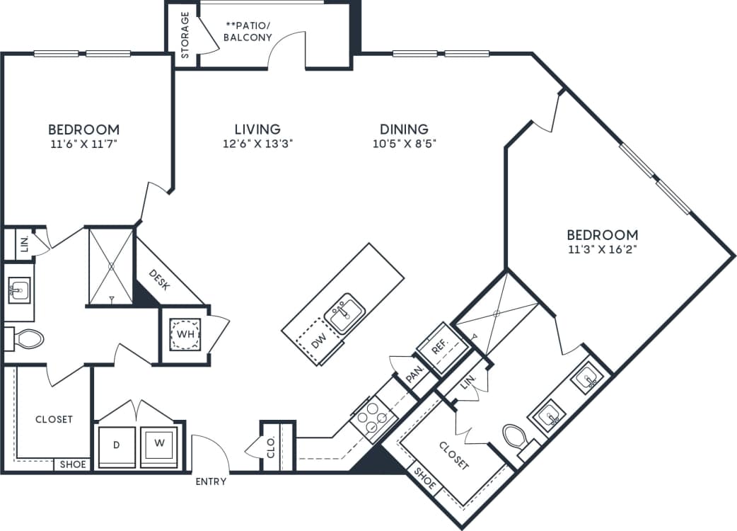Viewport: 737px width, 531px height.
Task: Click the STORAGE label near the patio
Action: click(x=185, y=34)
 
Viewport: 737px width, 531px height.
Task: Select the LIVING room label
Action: click(x=257, y=129)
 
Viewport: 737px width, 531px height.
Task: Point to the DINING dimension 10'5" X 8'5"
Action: click(x=404, y=143)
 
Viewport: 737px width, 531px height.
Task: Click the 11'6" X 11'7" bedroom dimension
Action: click(x=83, y=144)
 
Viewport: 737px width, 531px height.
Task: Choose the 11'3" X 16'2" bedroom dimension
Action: click(x=603, y=249)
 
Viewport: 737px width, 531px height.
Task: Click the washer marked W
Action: click(x=161, y=444)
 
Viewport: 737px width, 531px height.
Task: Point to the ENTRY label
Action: click(x=211, y=481)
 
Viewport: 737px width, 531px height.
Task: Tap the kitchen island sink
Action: click(x=344, y=312)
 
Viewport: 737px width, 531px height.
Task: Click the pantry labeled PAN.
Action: click(x=414, y=376)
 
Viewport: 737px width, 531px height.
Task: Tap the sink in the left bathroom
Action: click(x=20, y=290)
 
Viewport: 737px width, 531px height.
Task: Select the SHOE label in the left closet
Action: click(x=72, y=464)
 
